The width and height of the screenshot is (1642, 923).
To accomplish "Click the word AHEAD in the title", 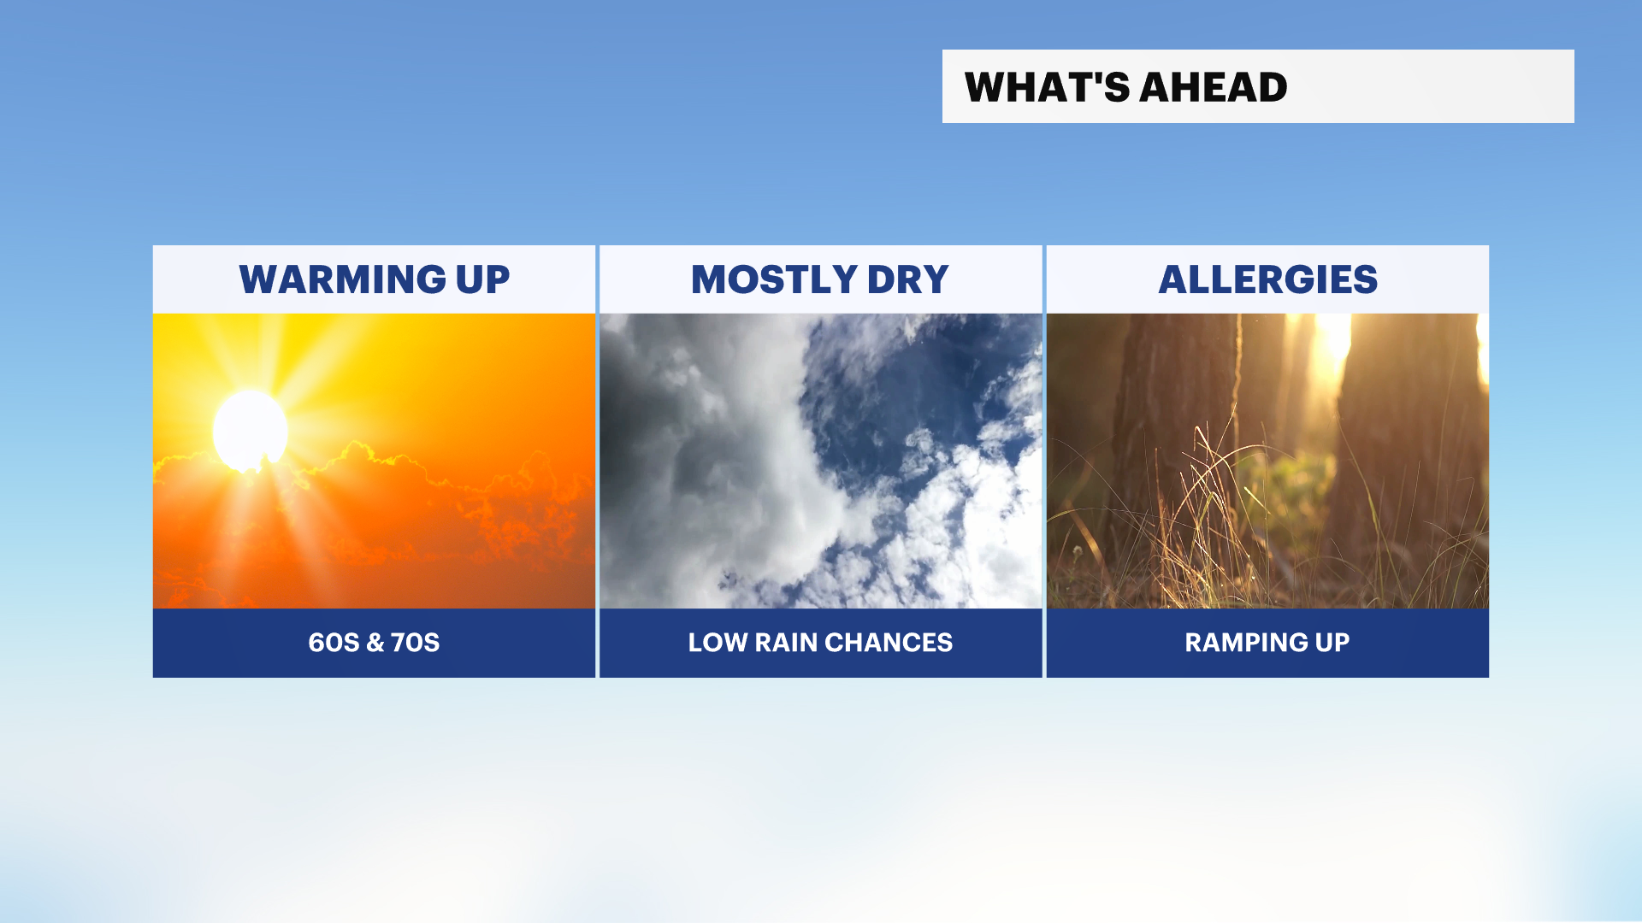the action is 1214,87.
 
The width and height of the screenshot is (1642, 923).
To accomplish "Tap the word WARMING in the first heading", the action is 343,279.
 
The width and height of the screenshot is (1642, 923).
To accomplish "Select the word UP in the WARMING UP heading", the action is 483,279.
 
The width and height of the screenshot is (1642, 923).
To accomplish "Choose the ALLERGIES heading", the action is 1268,279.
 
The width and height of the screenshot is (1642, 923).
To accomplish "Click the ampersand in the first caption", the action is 375,643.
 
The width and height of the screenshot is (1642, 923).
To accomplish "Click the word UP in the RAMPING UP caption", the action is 1332,643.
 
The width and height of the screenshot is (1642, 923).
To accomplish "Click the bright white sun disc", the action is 250,431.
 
